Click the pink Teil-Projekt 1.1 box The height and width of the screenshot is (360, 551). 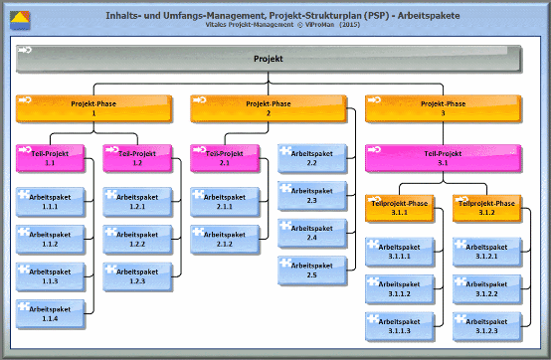pyautogui.click(x=50, y=158)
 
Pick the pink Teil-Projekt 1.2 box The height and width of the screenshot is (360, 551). pyautogui.click(x=137, y=158)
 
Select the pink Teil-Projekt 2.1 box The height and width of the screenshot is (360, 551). pyautogui.click(x=225, y=158)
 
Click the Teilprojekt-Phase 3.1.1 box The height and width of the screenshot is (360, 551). pyautogui.click(x=399, y=207)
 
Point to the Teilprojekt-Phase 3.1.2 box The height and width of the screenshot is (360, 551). pyautogui.click(x=486, y=207)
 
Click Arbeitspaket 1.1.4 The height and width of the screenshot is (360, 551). pyautogui.click(x=50, y=313)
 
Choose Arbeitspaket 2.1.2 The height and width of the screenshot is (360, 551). pyautogui.click(x=225, y=238)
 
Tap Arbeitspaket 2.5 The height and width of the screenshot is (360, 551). pyautogui.click(x=311, y=270)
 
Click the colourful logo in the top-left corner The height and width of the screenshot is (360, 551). pyautogui.click(x=20, y=18)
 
